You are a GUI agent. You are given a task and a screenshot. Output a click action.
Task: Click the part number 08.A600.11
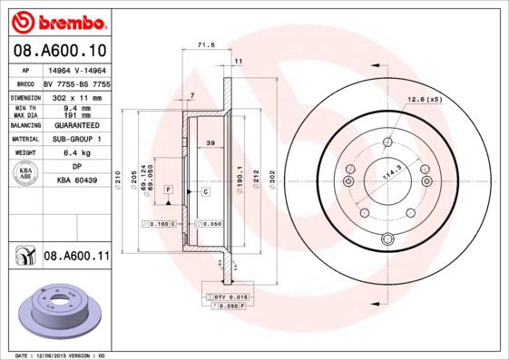pyautogui.click(x=76, y=258)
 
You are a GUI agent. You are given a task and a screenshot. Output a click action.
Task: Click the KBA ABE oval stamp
pyautogui.click(x=27, y=173)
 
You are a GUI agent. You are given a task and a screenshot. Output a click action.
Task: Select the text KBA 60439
pyautogui.click(x=76, y=181)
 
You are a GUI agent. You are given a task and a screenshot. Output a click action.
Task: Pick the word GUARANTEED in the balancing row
pyautogui.click(x=76, y=125)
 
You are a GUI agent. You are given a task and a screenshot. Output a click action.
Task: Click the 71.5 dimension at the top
pyautogui.click(x=206, y=43)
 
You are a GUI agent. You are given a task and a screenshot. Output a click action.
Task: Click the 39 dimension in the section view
pyautogui.click(x=210, y=143)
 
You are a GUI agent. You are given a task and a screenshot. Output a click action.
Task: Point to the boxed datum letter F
pyautogui.click(x=169, y=187)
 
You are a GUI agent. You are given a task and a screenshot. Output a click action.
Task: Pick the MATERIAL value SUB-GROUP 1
pyautogui.click(x=76, y=139)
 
